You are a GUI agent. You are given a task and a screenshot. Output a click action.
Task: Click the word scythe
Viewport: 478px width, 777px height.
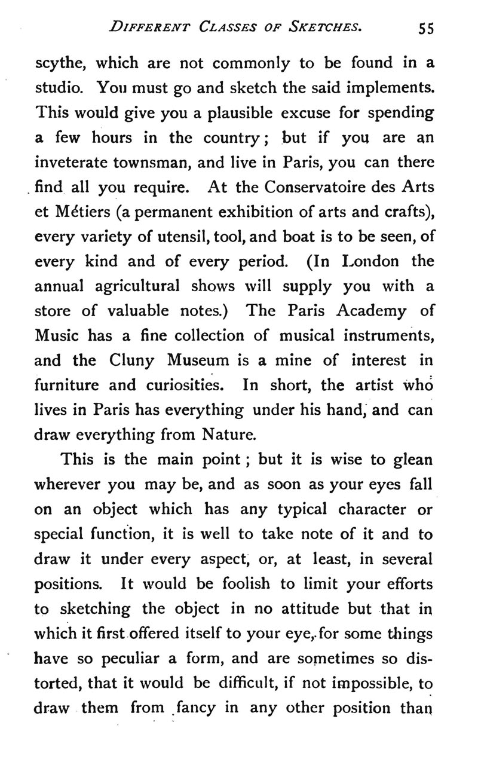[60, 63]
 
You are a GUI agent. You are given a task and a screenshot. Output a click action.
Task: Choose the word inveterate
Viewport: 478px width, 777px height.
[81, 163]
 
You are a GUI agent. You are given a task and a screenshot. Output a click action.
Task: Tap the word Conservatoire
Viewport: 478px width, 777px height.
[310, 187]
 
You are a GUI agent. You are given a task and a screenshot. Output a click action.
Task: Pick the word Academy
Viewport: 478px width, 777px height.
[368, 311]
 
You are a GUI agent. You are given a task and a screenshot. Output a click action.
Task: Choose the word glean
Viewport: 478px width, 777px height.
[412, 461]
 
